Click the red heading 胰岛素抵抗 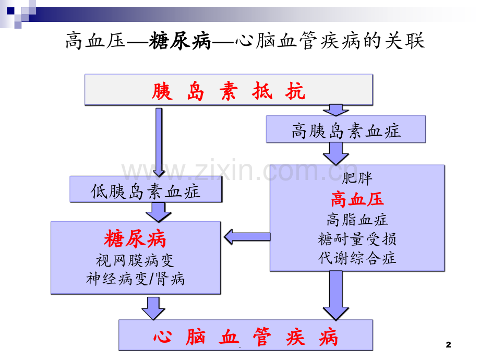(x=229, y=91)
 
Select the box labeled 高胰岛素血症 (x=346, y=129)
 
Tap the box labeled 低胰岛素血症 (x=146, y=189)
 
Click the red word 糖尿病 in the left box (x=135, y=238)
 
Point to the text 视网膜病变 (x=135, y=260)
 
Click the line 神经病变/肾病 (x=135, y=279)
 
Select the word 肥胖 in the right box (x=357, y=178)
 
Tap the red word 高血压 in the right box (x=357, y=199)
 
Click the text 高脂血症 (x=357, y=220)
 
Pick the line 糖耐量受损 (x=357, y=239)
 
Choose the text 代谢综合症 (x=357, y=258)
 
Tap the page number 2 (x=449, y=345)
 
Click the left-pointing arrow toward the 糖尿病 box (x=247, y=237)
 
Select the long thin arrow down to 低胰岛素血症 (x=159, y=142)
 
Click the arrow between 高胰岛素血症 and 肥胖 (x=336, y=154)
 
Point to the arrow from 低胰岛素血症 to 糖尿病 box (x=158, y=212)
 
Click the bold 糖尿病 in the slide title (x=180, y=41)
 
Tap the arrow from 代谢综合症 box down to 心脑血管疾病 (x=336, y=295)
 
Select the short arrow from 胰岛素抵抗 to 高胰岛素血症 (x=336, y=110)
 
